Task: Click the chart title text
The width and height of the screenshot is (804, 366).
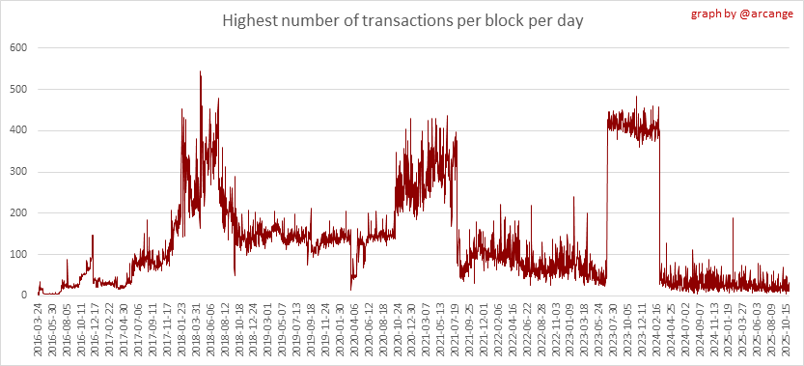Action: tap(402, 22)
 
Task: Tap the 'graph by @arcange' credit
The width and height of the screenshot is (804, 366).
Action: tap(742, 14)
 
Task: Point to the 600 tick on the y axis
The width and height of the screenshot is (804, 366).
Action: tap(18, 47)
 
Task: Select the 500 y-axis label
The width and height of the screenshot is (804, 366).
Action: tap(18, 89)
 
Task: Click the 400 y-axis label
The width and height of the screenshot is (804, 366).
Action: tap(18, 130)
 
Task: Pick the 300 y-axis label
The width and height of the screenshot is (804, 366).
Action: tap(18, 172)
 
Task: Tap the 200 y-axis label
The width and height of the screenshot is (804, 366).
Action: tap(18, 213)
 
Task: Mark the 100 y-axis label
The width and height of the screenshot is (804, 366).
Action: tap(18, 255)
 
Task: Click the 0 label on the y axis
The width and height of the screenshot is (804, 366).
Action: tap(23, 296)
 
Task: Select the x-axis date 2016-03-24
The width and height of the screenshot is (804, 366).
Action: tap(38, 324)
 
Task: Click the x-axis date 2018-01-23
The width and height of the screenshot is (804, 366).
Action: tap(182, 324)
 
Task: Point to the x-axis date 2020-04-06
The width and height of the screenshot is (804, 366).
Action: tap(355, 324)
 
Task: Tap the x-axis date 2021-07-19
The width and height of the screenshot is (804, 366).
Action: tap(457, 324)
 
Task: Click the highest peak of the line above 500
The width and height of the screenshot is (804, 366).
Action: tap(200, 71)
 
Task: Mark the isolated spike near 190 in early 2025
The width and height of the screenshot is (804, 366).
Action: tap(733, 218)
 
